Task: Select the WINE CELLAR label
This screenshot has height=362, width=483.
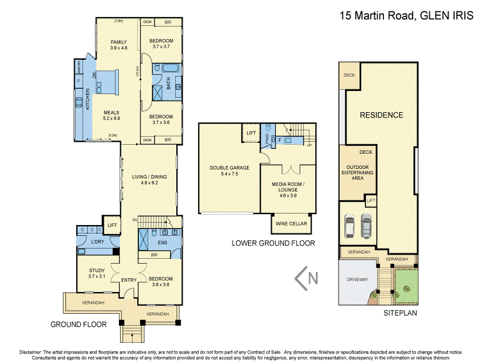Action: pyautogui.click(x=292, y=224)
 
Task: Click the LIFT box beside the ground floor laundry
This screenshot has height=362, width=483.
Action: pyautogui.click(x=111, y=224)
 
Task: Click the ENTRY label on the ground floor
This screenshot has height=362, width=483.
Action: pyautogui.click(x=129, y=280)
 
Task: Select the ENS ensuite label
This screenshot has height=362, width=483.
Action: pyautogui.click(x=161, y=243)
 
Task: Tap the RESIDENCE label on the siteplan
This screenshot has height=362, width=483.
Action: pyautogui.click(x=381, y=115)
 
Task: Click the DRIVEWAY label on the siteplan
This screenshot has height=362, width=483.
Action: pyautogui.click(x=357, y=280)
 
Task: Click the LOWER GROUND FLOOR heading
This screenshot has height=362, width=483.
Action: pyautogui.click(x=273, y=243)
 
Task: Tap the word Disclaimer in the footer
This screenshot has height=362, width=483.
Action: pyautogui.click(x=30, y=352)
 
